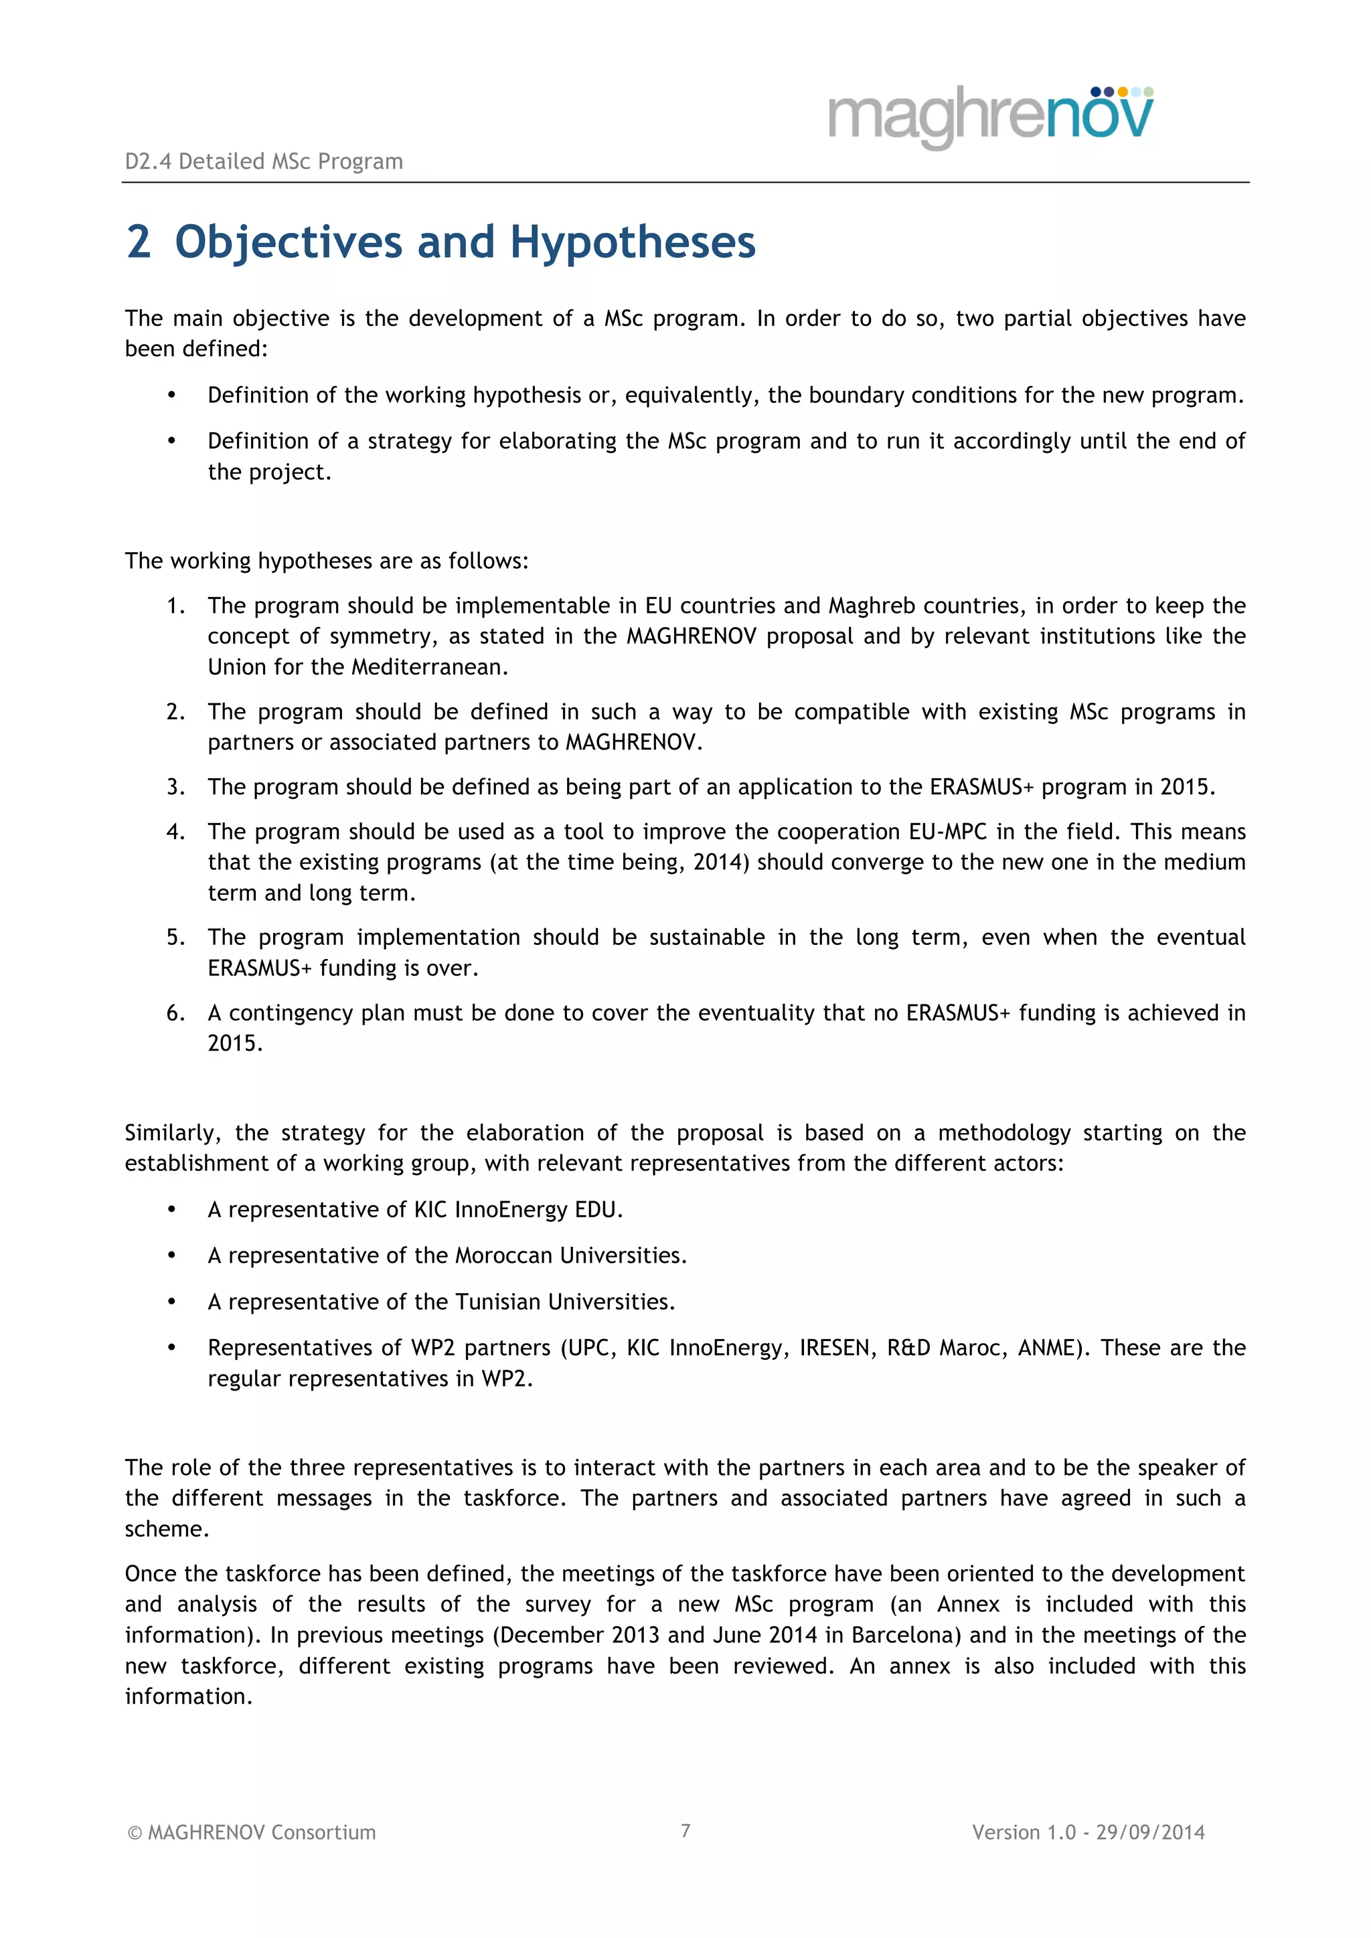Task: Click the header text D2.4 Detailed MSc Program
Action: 263,161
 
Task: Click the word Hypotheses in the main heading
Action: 633,242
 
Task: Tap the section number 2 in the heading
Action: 139,242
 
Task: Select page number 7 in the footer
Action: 685,1830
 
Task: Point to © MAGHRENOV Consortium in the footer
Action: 251,1832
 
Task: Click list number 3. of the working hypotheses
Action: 175,787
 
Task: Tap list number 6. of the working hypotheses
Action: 175,1013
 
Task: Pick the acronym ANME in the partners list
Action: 1047,1347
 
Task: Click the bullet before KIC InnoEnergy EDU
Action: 171,1209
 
